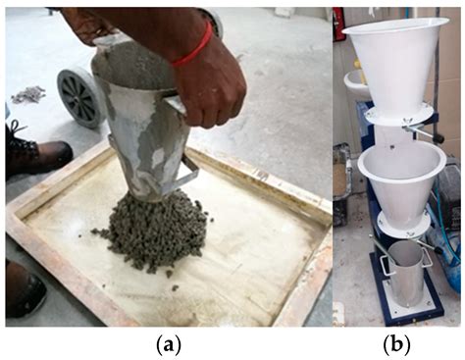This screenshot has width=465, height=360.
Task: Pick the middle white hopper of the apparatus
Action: click(400, 177)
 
